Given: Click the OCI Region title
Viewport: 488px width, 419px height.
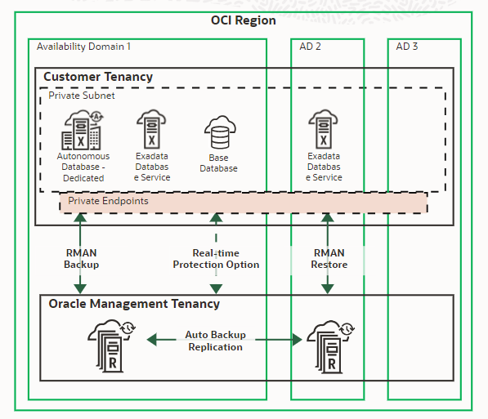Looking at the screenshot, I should coord(244,20).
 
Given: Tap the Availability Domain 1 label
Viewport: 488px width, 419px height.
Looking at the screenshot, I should coord(83,47).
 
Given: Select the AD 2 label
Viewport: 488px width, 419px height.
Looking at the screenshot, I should coord(310,47).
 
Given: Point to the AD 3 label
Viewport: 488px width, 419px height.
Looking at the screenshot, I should coord(407,47).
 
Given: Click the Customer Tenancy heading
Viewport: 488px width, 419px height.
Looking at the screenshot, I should coord(97,77).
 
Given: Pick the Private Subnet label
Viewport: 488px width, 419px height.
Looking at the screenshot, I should coord(81,96).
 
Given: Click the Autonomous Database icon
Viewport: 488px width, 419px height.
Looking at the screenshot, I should coord(82,130).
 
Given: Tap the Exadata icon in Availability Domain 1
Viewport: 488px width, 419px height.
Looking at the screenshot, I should coord(151,129).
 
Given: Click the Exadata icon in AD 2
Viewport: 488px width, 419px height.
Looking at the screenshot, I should coord(324,129).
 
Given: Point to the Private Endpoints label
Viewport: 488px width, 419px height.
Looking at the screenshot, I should coord(108,200).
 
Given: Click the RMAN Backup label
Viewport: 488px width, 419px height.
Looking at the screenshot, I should coord(81,258).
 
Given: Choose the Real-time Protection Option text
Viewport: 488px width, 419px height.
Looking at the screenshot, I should coord(216,258).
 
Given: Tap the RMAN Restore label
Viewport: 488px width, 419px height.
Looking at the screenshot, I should coord(329,258).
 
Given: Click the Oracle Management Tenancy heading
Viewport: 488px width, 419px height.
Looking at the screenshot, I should coord(133,304).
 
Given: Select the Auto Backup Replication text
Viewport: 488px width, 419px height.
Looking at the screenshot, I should coord(216,341).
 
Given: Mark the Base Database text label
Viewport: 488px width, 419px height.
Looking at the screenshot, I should coord(218,163).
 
